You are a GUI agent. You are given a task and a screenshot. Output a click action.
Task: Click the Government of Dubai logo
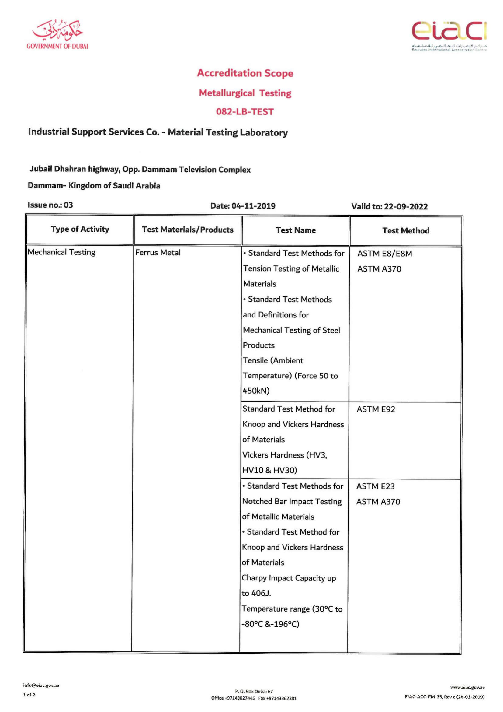click(57, 35)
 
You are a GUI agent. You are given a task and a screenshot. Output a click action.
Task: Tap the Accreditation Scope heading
click(245, 73)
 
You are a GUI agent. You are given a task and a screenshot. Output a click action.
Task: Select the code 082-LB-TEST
click(245, 112)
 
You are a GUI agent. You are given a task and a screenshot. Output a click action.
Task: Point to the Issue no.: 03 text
click(50, 205)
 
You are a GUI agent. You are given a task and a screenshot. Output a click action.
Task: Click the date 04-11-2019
click(253, 206)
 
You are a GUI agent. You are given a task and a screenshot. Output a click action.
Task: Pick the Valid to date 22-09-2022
click(406, 206)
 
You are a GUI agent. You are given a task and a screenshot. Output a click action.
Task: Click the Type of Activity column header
click(80, 229)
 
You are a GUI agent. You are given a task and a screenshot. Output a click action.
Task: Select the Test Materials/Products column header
click(188, 230)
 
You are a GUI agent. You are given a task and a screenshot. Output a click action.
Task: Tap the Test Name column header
click(296, 230)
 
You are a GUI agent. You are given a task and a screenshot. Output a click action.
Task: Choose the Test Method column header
click(406, 231)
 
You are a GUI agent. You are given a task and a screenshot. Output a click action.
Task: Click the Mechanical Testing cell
click(62, 252)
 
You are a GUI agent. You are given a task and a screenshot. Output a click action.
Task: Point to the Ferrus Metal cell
click(158, 253)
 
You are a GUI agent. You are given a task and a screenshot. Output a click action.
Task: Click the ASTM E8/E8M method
click(385, 254)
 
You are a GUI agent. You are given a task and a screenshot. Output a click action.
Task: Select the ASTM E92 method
click(376, 409)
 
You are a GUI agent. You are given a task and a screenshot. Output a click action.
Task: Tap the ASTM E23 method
click(375, 486)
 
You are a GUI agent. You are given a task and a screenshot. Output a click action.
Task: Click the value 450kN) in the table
click(256, 391)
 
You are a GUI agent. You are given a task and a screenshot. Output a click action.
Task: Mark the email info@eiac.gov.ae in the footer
click(41, 685)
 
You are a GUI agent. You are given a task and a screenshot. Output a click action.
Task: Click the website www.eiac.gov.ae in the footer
click(467, 688)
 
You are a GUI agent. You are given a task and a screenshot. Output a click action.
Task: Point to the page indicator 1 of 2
click(29, 695)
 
